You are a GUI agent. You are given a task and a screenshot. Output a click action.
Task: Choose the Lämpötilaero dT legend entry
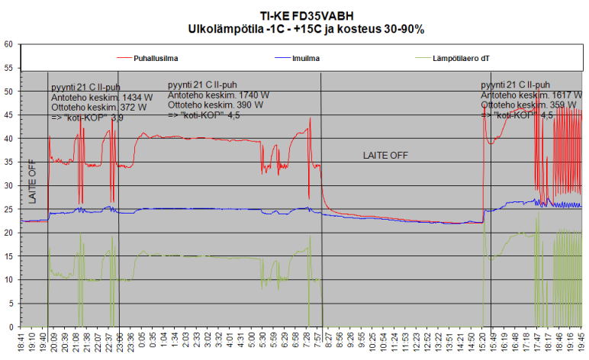click(x=462, y=57)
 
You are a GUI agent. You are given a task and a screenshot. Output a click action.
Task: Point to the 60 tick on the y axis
click(x=8, y=44)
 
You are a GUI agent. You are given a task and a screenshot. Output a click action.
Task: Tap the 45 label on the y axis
click(x=8, y=115)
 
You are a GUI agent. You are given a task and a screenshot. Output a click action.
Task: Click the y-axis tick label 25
click(x=8, y=209)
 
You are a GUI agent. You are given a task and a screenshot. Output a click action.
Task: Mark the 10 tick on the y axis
click(x=8, y=280)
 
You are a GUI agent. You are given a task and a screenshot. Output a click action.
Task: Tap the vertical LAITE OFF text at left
click(x=32, y=182)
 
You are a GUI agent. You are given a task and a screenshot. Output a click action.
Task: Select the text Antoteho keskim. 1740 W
click(x=218, y=95)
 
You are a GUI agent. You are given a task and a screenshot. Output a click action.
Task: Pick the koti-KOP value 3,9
click(x=117, y=118)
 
